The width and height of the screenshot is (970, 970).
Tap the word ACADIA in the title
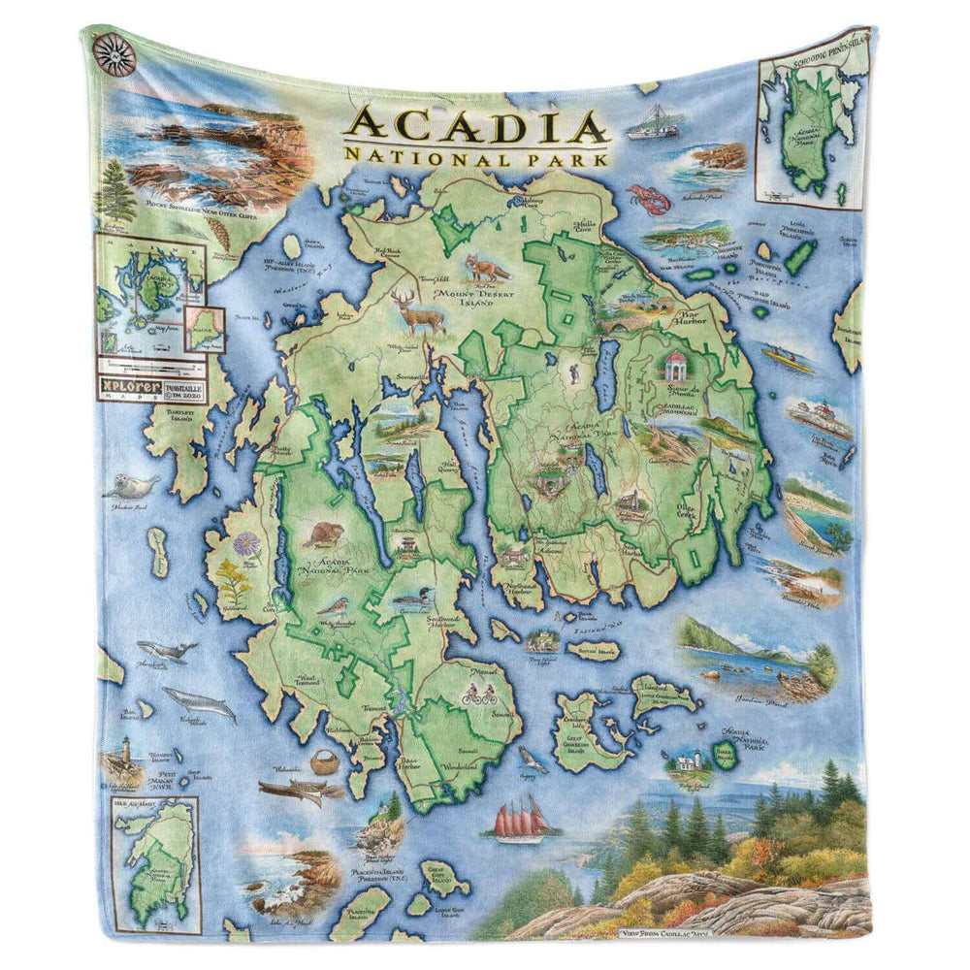point(476,126)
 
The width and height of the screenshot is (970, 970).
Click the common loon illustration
point(412,599)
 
